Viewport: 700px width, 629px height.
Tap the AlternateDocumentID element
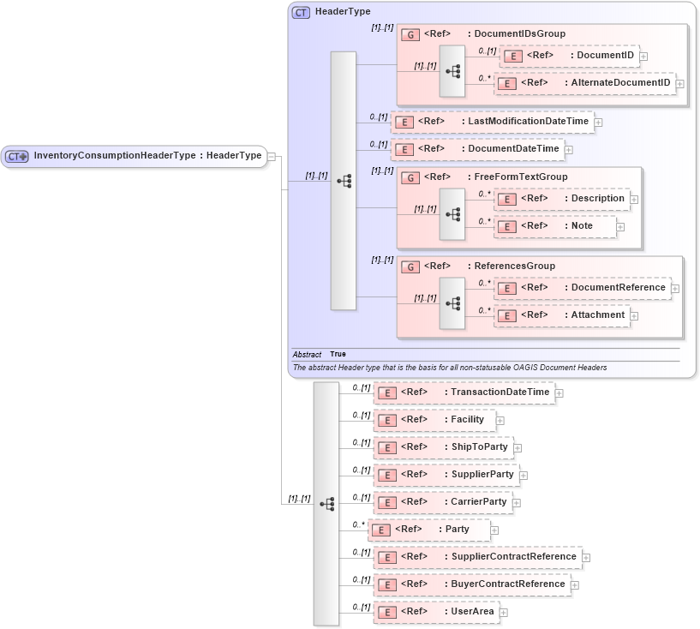pyautogui.click(x=584, y=83)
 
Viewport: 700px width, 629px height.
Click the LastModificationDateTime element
pyautogui.click(x=492, y=122)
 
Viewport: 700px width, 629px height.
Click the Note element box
pyautogui.click(x=555, y=226)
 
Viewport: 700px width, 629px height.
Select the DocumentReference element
pyautogui.click(x=583, y=288)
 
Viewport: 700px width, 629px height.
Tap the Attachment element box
pyautogui.click(x=561, y=315)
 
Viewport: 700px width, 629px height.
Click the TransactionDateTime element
pyautogui.click(x=464, y=392)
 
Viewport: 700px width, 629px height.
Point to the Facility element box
pyautogui.click(x=434, y=420)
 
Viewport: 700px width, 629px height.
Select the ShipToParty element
pyautogui.click(x=443, y=447)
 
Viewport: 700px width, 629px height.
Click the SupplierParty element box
pyautogui.click(x=446, y=475)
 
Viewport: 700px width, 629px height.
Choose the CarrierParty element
pyautogui.click(x=443, y=502)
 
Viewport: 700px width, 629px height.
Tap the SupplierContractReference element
pyautogui.click(x=477, y=557)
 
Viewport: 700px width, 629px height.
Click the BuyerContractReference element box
pyautogui.click(x=471, y=584)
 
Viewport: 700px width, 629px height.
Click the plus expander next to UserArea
pyautogui.click(x=504, y=613)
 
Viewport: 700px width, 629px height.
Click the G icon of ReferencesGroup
pyautogui.click(x=410, y=267)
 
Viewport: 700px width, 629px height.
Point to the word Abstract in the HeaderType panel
pyautogui.click(x=307, y=354)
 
